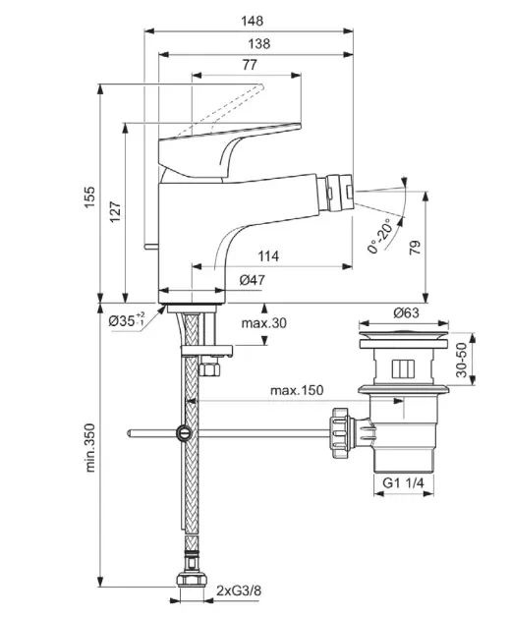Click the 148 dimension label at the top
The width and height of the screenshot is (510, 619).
(253, 21)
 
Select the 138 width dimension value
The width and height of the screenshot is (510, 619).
(259, 43)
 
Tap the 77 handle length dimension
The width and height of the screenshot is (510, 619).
(250, 64)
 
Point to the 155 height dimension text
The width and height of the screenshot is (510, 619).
(90, 197)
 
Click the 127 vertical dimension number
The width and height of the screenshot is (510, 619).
(115, 212)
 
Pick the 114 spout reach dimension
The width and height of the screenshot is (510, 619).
(268, 256)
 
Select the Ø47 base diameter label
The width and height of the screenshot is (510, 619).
(253, 280)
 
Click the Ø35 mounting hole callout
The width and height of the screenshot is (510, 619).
(127, 319)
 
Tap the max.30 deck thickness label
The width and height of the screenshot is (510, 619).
(264, 323)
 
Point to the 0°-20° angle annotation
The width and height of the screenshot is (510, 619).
(379, 236)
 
